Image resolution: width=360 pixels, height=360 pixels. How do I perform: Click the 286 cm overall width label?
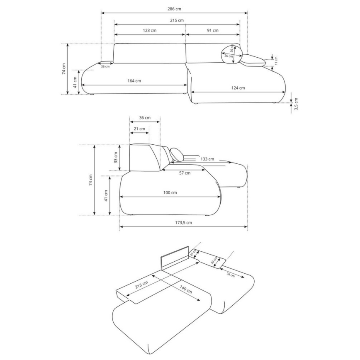pyautogui.click(x=174, y=9)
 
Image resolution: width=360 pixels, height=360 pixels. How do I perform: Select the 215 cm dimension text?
pyautogui.click(x=177, y=20)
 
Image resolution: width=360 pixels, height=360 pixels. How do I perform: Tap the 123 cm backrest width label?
pyautogui.click(x=150, y=30)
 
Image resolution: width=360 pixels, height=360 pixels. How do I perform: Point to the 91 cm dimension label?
pyautogui.click(x=213, y=30)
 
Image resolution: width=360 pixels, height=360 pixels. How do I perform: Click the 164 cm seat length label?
pyautogui.click(x=134, y=81)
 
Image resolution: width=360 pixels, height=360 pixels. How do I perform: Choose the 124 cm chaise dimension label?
pyautogui.click(x=238, y=88)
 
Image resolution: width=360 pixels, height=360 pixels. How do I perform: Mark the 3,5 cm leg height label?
pyautogui.click(x=296, y=104)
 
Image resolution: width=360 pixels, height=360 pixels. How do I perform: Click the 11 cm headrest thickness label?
pyautogui.click(x=276, y=61)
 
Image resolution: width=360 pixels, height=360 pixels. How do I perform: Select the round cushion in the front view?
pyautogui.click(x=232, y=54)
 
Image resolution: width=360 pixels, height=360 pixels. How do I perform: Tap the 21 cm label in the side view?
pyautogui.click(x=139, y=129)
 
